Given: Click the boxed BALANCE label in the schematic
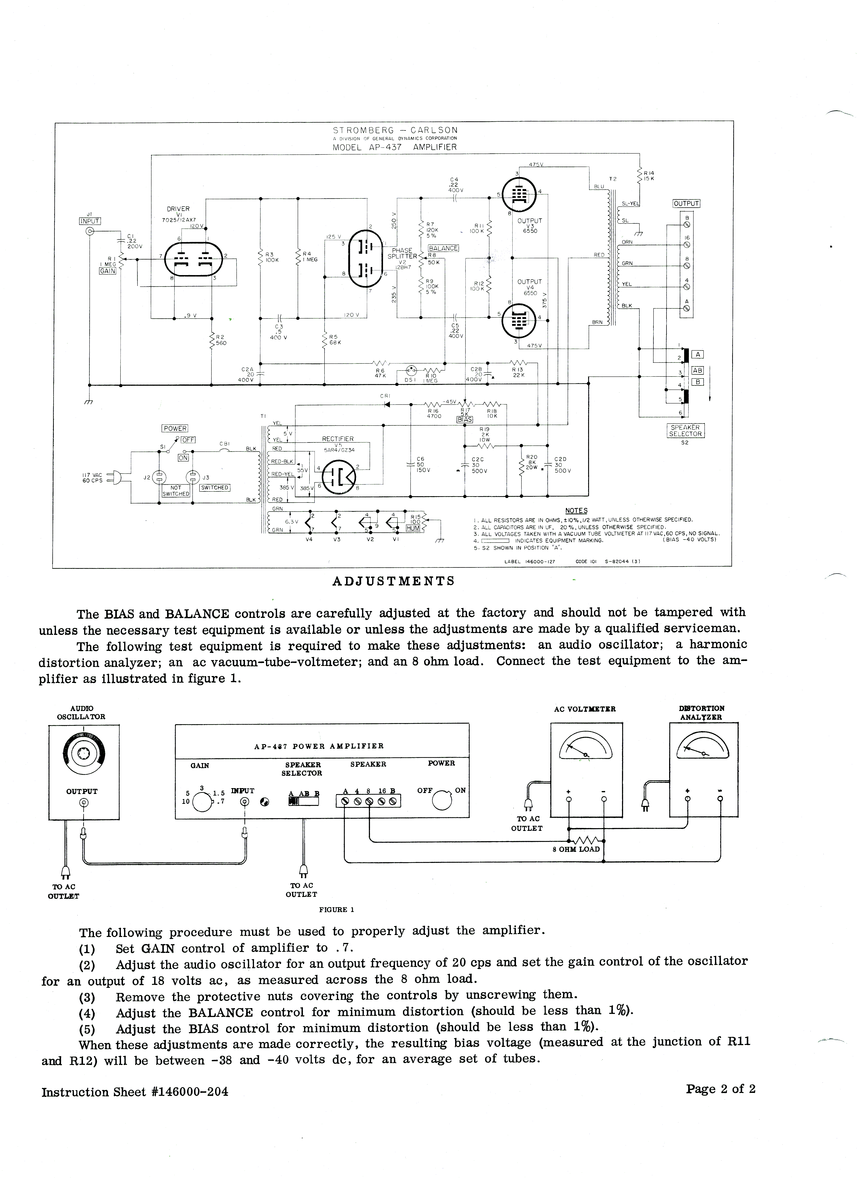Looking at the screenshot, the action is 443,248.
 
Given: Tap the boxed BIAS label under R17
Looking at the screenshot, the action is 465,419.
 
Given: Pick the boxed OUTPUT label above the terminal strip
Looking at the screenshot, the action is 687,204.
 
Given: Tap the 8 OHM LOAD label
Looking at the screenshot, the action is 576,849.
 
